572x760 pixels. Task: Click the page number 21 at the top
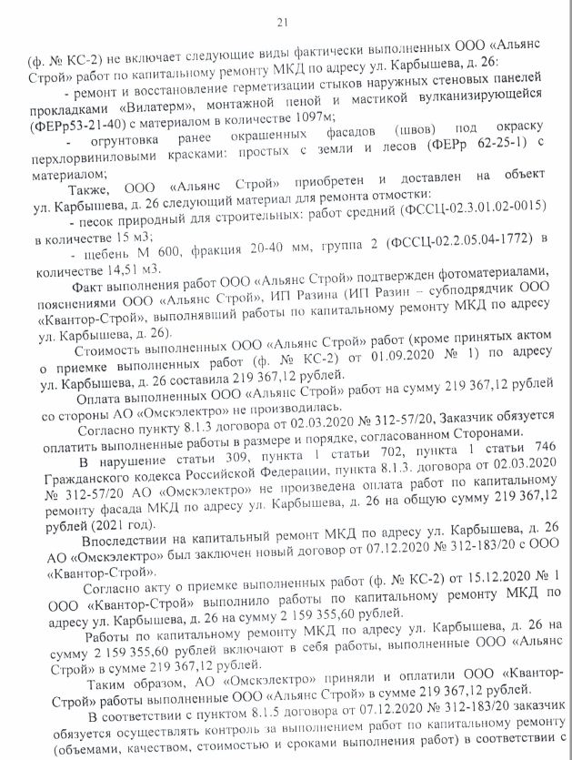283,23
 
